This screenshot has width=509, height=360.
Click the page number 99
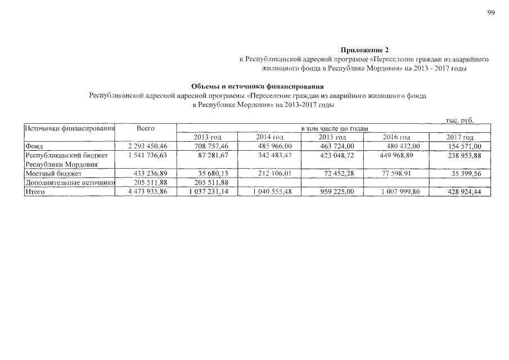[491, 13]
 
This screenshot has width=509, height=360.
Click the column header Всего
[146, 129]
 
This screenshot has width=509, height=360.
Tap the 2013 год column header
[208, 138]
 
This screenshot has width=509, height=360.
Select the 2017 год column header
[460, 138]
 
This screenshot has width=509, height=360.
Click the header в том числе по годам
[334, 129]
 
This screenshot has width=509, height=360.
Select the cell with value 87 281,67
[209, 155]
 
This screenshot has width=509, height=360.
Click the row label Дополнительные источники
[69, 182]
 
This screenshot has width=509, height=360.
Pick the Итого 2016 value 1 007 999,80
[398, 192]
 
